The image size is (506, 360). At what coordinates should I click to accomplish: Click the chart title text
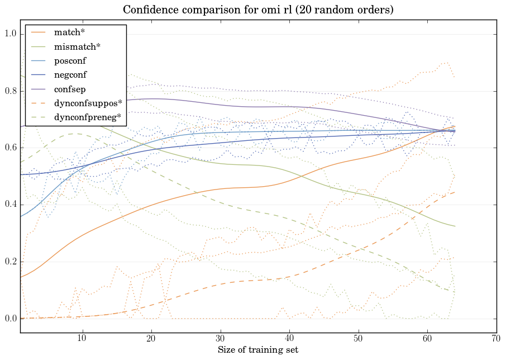(x=257, y=10)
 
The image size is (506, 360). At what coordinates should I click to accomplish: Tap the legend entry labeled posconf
(x=70, y=60)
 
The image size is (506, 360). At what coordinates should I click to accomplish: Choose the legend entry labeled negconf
(x=70, y=74)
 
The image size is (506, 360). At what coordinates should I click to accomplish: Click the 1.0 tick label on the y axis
(x=11, y=34)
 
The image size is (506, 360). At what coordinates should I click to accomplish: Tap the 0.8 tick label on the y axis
(x=11, y=91)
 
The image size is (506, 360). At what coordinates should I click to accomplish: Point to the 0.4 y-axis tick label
(x=11, y=205)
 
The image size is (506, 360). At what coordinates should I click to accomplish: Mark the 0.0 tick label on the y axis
(x=11, y=319)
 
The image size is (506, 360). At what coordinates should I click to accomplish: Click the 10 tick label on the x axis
(x=82, y=338)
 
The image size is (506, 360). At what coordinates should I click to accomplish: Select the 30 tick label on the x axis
(x=220, y=338)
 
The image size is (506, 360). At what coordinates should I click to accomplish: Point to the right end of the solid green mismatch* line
(x=455, y=226)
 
